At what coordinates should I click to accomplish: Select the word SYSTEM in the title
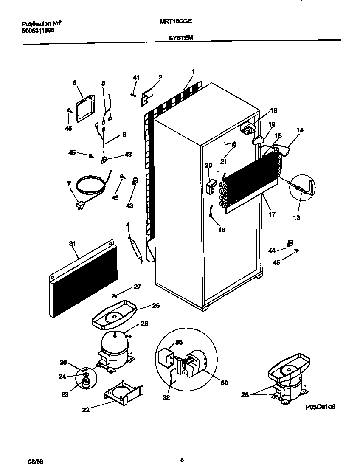(x=181, y=38)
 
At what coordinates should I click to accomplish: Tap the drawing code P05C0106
(x=321, y=407)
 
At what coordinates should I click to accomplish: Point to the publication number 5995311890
(x=38, y=31)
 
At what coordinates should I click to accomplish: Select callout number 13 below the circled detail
(x=296, y=218)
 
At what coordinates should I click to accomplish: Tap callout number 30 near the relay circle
(x=224, y=383)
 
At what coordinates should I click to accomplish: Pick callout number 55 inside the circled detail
(x=179, y=342)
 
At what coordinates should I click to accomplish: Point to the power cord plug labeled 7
(x=80, y=205)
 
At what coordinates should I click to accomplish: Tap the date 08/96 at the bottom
(x=28, y=460)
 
